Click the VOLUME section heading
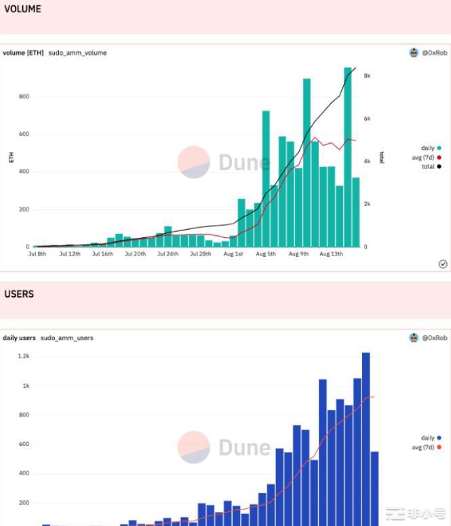click(22, 9)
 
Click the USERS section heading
click(19, 294)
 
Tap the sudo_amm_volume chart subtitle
click(77, 52)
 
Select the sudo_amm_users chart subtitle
click(66, 338)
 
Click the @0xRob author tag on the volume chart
click(429, 52)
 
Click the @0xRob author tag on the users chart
click(429, 338)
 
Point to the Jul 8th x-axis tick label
click(37, 254)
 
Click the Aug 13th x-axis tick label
click(331, 254)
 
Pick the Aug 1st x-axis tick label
click(233, 254)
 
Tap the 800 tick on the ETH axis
click(24, 96)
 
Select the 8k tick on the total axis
click(367, 76)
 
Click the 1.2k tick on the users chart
click(24, 356)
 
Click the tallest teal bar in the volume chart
click(348, 156)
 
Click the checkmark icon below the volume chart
click(443, 264)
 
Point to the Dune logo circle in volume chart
click(193, 163)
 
